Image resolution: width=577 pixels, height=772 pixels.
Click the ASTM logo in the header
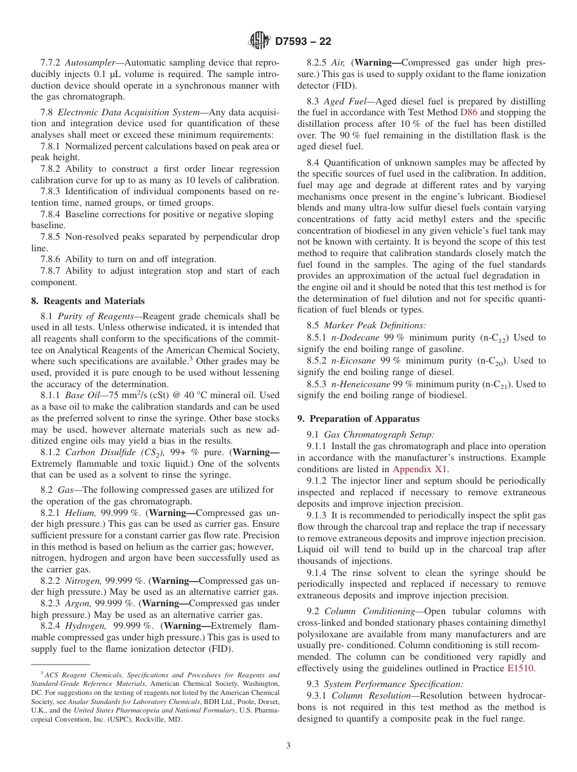259,42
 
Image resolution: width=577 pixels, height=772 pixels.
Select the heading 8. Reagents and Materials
87,301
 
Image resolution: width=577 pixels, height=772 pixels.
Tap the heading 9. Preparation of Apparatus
358,419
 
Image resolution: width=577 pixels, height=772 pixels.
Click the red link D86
468,112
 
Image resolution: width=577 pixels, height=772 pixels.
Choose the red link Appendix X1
420,469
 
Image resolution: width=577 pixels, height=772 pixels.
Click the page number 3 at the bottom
288,746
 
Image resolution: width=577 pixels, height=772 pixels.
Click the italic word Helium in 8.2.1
80,513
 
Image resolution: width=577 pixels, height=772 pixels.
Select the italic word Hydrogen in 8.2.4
84,626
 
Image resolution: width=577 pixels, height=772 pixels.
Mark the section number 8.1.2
50,452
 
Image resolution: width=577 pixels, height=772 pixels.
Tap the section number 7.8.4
50,214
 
